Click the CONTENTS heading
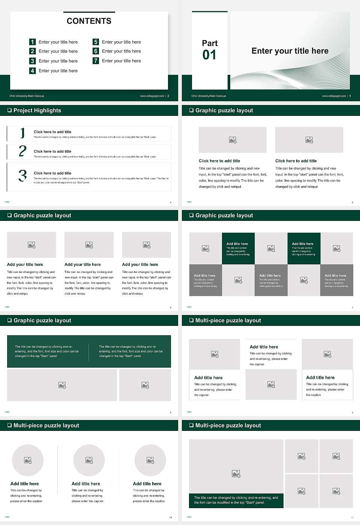tap(89, 21)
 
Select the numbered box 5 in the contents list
tap(96, 42)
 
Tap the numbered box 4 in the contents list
tap(33, 70)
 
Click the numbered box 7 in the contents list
tap(96, 61)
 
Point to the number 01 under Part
tap(209, 55)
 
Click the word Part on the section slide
tap(210, 43)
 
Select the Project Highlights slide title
tap(37, 110)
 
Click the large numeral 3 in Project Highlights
tap(22, 175)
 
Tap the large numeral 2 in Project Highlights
tap(22, 151)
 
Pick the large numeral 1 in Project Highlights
tap(22, 133)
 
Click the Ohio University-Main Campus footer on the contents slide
tap(27, 96)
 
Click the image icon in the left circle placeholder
tap(28, 460)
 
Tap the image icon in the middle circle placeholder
tap(89, 460)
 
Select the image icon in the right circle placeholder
tap(150, 460)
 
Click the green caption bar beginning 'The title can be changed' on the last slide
tap(236, 500)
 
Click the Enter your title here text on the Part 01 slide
tap(290, 51)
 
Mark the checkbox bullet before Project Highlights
tap(9, 110)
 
